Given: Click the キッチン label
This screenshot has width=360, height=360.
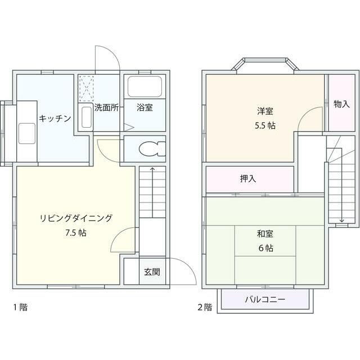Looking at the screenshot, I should pos(55,118).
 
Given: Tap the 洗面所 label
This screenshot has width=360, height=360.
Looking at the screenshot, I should pos(106,107).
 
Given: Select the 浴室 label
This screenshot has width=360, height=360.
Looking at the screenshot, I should pos(145,107).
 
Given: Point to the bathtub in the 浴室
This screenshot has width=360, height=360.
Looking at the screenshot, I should pos(145,87).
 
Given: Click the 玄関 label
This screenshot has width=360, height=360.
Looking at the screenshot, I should pos(152,272).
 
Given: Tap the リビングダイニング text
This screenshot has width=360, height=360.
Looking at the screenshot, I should pos(76,218).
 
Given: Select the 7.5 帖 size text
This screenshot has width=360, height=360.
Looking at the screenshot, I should pos(76,233).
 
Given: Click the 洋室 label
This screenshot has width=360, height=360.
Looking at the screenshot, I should pos(264,111).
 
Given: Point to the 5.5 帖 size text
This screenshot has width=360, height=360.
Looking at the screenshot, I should pos(264,125).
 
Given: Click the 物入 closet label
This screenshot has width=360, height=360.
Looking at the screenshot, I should pos(341,104).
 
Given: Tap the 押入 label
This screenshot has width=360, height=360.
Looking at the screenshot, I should pos(248,179).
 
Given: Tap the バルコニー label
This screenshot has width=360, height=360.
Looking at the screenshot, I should pos(264,299).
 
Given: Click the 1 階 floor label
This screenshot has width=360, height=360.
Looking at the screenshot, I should pos(20,307).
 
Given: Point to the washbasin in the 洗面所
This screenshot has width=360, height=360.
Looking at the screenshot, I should pos(87,116).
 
